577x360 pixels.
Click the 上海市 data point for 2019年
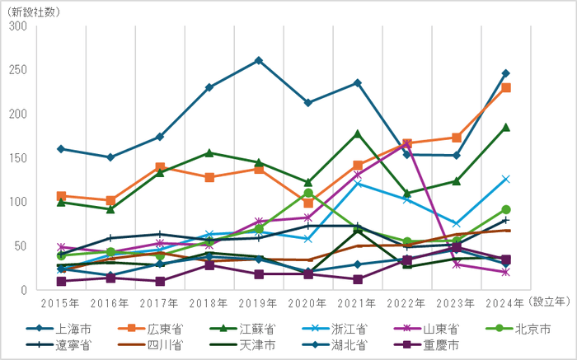(259, 60)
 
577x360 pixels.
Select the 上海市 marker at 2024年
(506, 73)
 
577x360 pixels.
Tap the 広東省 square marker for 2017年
(160, 167)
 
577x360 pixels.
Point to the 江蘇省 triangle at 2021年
(358, 133)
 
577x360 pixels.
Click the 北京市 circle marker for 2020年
(308, 194)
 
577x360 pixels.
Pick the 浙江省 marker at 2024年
(506, 179)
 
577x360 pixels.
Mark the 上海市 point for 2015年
(61, 149)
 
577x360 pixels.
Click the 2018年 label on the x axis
(209, 302)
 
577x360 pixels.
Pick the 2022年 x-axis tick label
(407, 302)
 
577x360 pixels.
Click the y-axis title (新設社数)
(35, 10)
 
